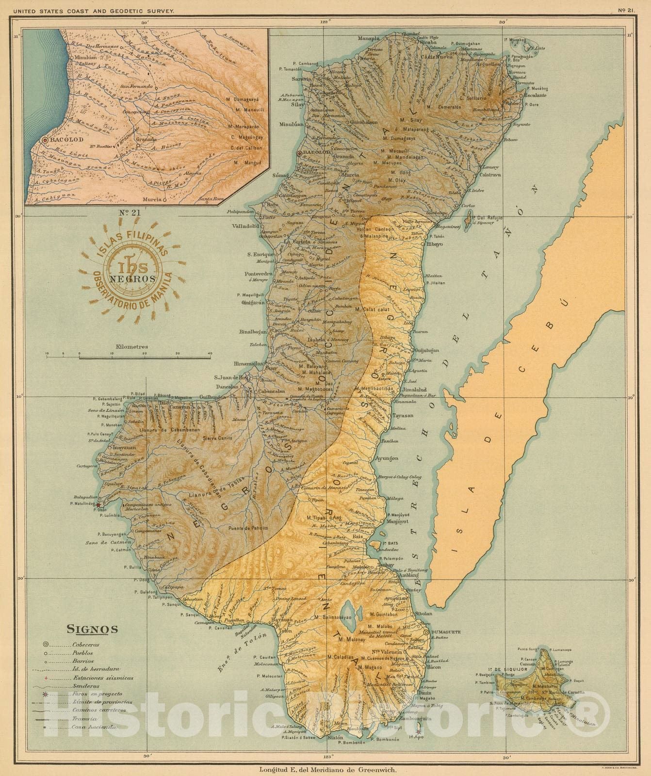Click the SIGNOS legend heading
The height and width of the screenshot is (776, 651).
[92, 630]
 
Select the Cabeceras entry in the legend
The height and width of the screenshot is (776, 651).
[86, 645]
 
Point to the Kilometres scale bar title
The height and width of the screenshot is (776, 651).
[131, 347]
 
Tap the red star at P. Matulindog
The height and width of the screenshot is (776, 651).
[98, 505]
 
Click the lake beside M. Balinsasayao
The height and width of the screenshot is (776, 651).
[346, 608]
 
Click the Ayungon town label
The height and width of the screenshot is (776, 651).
[387, 458]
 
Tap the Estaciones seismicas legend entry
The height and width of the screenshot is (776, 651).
[102, 678]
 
